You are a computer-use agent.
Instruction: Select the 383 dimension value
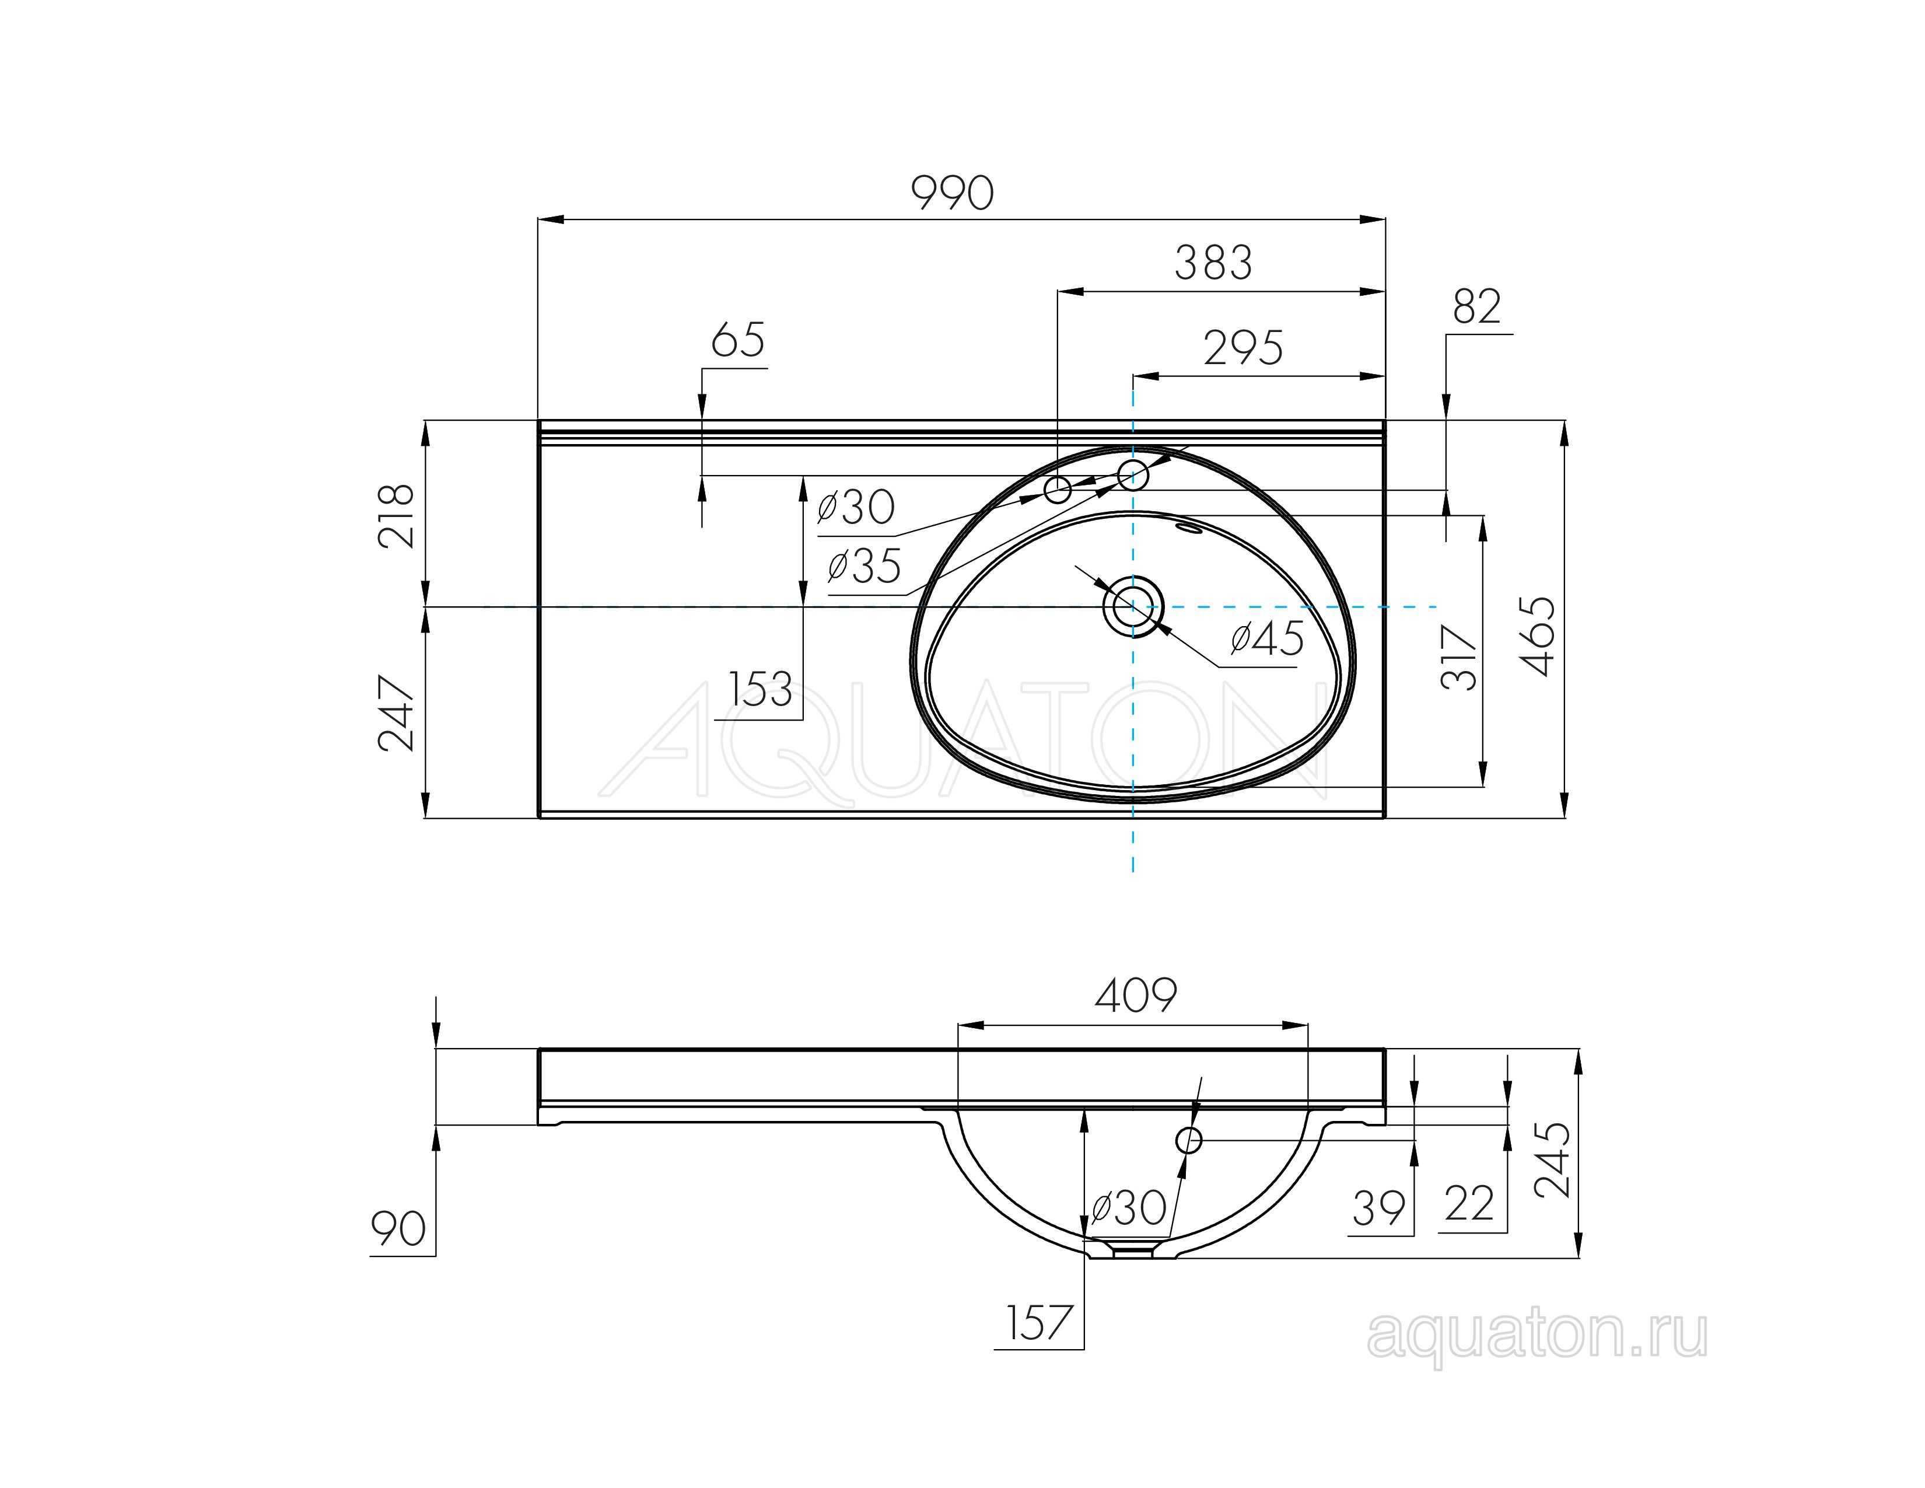pos(1213,263)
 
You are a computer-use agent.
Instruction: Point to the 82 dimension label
pos(1476,307)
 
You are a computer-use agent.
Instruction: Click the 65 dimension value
pos(738,340)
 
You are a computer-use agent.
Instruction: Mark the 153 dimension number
pos(761,689)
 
